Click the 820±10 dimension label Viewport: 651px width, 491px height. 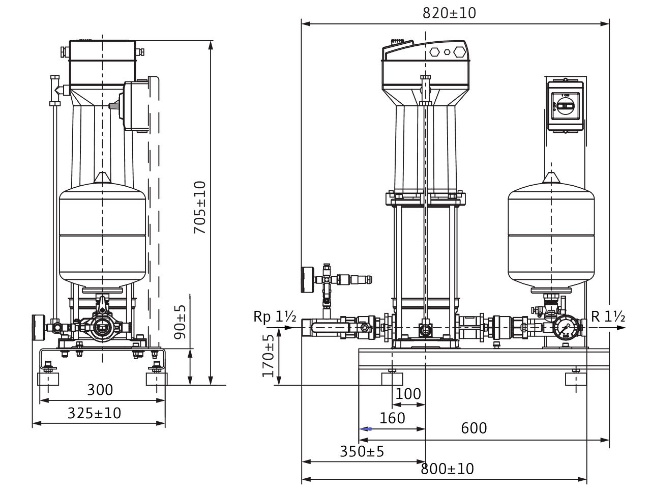click(449, 13)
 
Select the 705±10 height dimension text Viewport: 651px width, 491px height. click(199, 208)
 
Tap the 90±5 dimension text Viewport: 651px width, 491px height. click(180, 322)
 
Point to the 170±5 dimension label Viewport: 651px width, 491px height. click(268, 356)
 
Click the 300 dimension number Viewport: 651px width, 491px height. click(100, 390)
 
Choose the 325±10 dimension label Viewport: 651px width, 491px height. click(94, 413)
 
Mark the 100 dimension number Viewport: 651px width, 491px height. click(408, 394)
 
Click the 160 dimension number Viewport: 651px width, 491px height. click(392, 418)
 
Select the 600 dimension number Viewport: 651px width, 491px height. click(474, 428)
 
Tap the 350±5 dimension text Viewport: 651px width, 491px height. click(362, 452)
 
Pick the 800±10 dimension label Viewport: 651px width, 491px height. click(447, 469)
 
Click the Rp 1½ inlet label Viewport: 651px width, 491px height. click(275, 316)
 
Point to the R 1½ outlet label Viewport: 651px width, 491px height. click(608, 316)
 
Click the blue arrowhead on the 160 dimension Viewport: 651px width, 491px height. click(365, 429)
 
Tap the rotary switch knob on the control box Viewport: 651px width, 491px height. click(565, 106)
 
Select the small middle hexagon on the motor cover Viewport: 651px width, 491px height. click(447, 52)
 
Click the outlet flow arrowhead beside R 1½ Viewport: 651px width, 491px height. click(621, 328)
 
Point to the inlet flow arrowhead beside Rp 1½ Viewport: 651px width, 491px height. click(289, 328)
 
